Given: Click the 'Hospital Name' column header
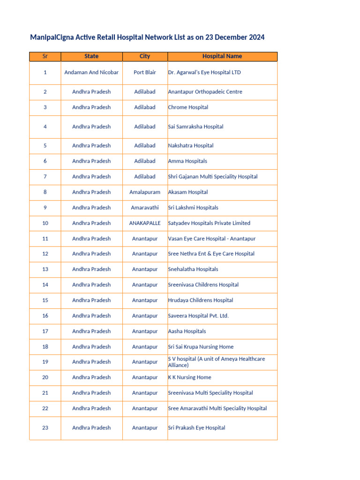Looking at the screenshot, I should [222, 56].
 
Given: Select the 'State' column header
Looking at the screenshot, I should [91, 56].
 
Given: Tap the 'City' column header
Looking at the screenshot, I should [145, 56].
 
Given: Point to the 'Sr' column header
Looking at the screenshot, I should [45, 56].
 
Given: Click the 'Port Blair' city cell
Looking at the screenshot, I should [145, 73].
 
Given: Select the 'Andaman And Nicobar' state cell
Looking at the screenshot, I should [91, 73].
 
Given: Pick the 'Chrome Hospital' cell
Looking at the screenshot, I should [188, 107].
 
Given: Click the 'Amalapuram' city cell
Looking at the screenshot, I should [145, 192].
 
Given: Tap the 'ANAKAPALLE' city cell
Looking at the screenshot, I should [145, 223].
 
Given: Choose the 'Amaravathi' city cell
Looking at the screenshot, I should [145, 208].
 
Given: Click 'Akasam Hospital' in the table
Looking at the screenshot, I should [188, 192].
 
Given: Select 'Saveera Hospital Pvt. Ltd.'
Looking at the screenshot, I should [198, 316].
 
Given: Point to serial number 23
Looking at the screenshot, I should [45, 428].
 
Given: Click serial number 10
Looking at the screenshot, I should [45, 223].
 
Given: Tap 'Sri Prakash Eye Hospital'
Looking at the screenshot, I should [196, 428].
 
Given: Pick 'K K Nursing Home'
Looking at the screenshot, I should [189, 377].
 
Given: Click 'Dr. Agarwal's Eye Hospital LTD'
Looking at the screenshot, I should [204, 73].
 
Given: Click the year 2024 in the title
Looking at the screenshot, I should [256, 37].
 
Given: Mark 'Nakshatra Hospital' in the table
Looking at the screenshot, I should [191, 146].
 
